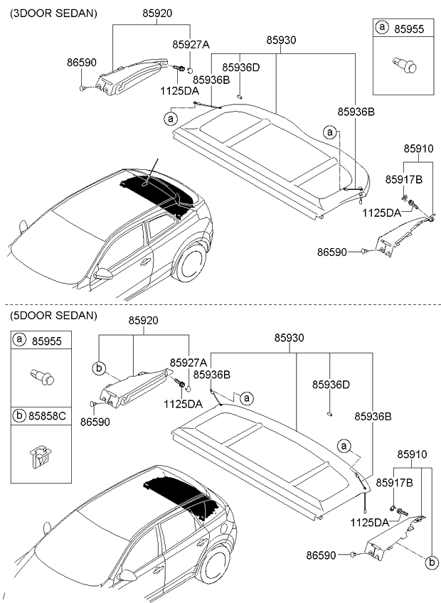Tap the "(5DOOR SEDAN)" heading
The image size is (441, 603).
point(53,315)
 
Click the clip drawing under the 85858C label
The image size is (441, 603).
point(42,454)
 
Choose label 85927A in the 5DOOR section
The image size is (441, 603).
point(188,362)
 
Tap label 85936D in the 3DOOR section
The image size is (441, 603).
point(240,67)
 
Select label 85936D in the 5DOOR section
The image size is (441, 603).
point(331,384)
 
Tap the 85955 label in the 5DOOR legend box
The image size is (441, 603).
point(47,341)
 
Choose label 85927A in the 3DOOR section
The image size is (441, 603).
point(191,44)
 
